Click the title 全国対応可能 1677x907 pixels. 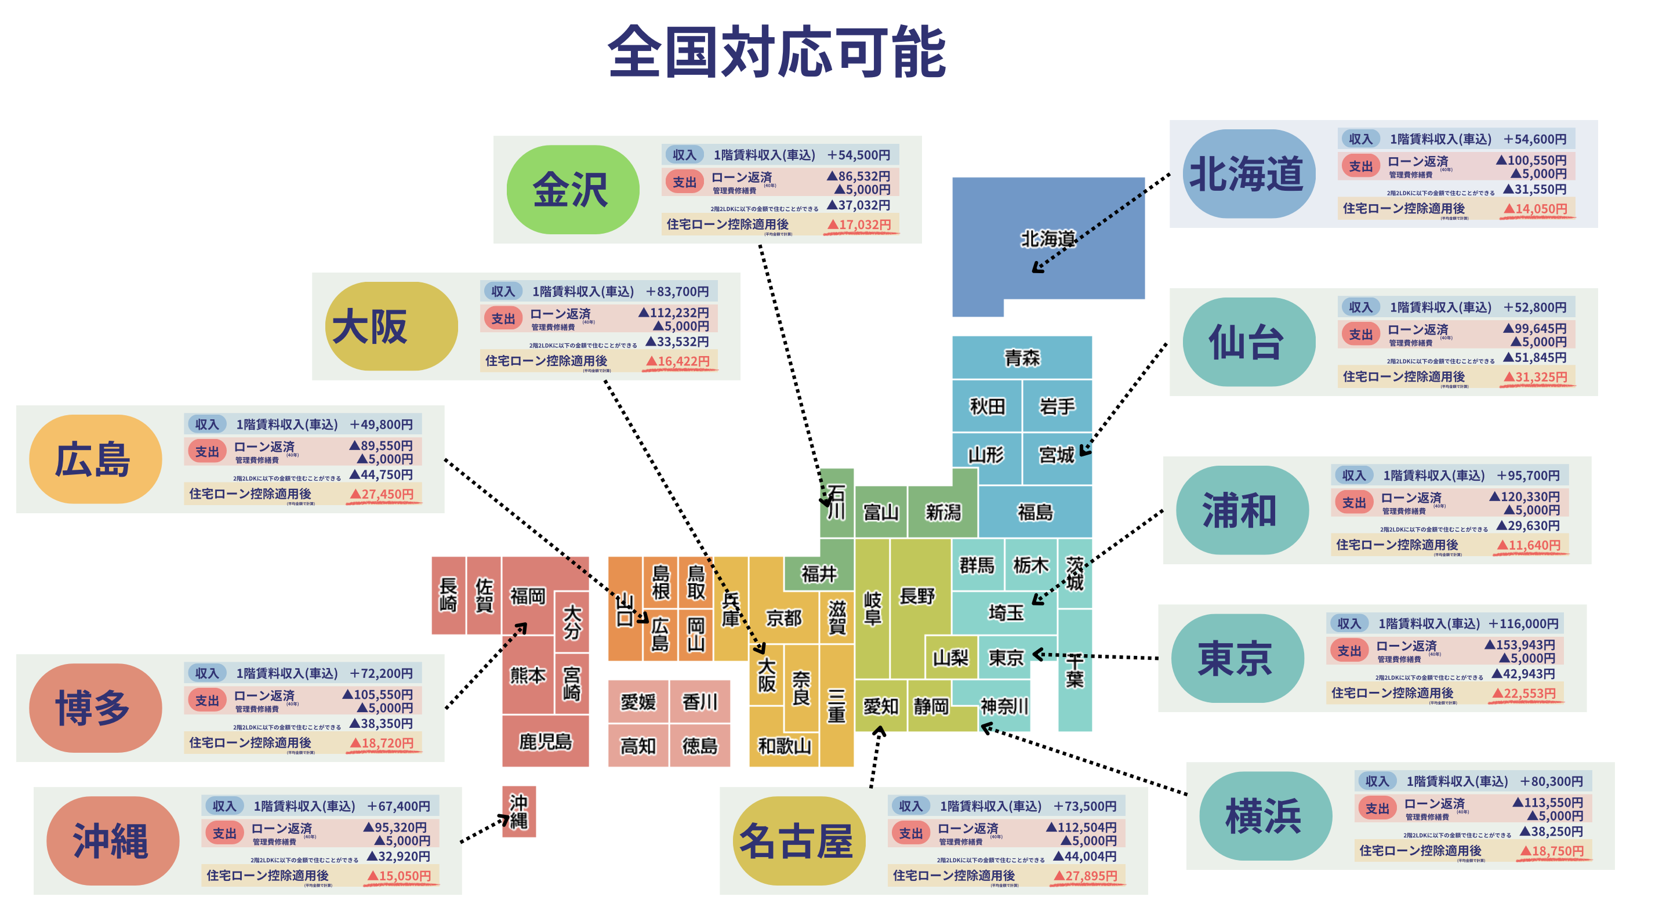(x=776, y=52)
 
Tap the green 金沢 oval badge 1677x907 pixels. (x=572, y=190)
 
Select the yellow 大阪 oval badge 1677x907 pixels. (x=391, y=326)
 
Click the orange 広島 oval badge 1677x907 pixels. (x=95, y=459)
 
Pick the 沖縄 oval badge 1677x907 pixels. (x=112, y=840)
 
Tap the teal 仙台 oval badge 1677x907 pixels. (x=1248, y=342)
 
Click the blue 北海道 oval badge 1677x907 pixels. (x=1248, y=174)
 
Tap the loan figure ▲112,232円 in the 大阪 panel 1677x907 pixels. (x=674, y=313)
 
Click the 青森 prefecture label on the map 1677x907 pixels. (x=1021, y=357)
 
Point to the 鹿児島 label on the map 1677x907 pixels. (x=545, y=741)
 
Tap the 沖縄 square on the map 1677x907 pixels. (x=519, y=811)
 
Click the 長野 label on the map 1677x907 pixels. (x=917, y=596)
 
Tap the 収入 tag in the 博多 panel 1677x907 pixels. (x=206, y=673)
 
